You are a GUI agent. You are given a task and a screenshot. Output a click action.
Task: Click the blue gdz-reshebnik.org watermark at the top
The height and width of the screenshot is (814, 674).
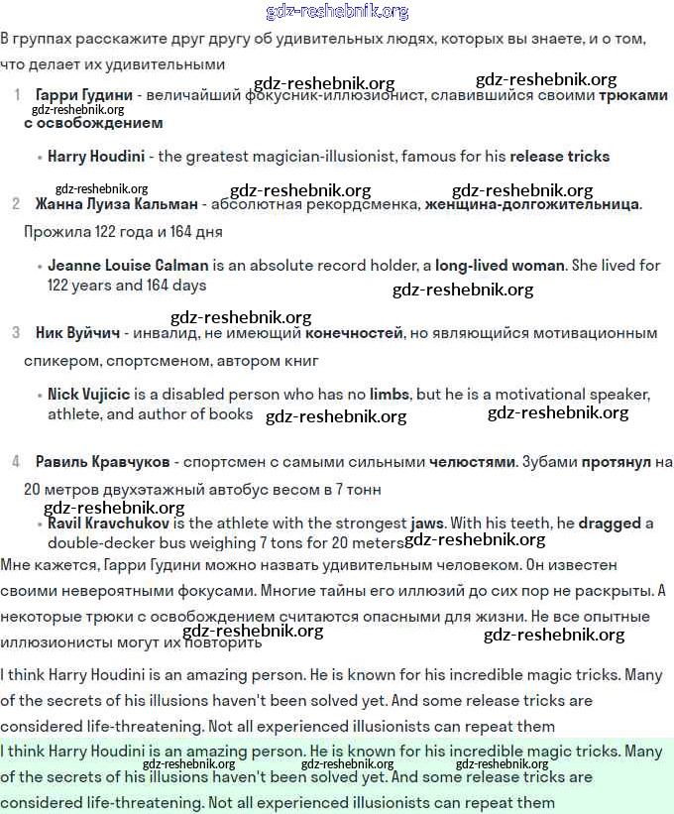click(x=337, y=12)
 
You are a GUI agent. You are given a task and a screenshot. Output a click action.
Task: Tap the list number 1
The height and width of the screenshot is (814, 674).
click(x=17, y=95)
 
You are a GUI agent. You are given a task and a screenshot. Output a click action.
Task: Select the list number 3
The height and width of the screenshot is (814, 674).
click(x=16, y=333)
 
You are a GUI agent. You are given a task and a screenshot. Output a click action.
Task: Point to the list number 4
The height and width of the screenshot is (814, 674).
click(x=16, y=462)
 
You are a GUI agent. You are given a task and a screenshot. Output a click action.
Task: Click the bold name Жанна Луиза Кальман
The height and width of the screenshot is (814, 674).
click(x=114, y=204)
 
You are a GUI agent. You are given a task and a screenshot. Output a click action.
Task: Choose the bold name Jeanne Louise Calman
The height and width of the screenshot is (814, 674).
click(x=128, y=266)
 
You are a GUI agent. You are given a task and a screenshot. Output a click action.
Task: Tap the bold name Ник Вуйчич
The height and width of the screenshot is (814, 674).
click(x=77, y=333)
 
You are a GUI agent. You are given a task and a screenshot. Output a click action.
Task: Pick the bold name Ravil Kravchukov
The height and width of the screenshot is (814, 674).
click(x=109, y=523)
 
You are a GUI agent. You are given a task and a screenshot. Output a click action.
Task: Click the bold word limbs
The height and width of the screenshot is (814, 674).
click(x=389, y=395)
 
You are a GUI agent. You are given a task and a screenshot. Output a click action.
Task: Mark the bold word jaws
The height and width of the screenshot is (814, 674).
click(x=428, y=523)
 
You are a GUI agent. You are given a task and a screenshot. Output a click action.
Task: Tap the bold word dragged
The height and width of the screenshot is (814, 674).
click(x=610, y=523)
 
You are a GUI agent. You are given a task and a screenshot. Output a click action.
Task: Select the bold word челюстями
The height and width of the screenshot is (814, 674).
click(x=472, y=462)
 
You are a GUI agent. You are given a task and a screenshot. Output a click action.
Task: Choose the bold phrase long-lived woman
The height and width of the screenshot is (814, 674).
click(x=500, y=266)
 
